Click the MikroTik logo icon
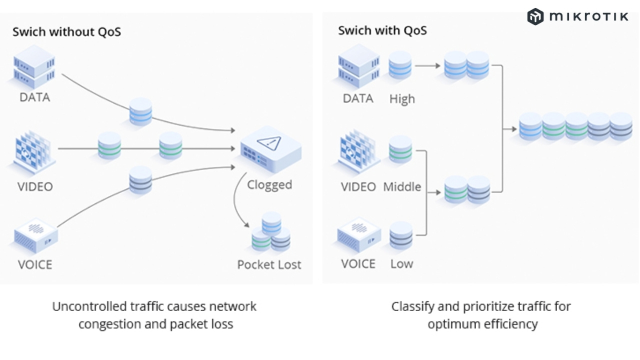click(535, 16)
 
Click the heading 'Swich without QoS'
click(66, 32)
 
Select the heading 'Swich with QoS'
click(382, 30)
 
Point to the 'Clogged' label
click(269, 184)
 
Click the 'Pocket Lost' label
click(269, 264)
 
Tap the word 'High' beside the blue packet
click(402, 99)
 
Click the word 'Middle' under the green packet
click(402, 187)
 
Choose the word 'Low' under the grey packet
click(401, 263)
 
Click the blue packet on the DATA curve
click(140, 111)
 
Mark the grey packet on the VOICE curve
click(140, 180)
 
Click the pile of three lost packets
click(271, 232)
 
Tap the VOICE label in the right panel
click(358, 263)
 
